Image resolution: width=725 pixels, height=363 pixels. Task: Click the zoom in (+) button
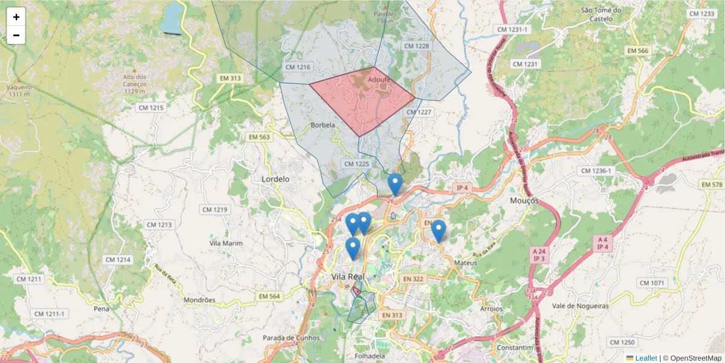pyautogui.click(x=16, y=17)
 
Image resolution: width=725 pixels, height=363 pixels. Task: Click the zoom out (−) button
pyautogui.click(x=16, y=35)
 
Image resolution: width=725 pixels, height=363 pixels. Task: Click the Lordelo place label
pyautogui.click(x=275, y=179)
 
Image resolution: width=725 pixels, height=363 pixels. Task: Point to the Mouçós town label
pyautogui.click(x=524, y=200)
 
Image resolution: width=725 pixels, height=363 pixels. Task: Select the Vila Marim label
pyautogui.click(x=225, y=243)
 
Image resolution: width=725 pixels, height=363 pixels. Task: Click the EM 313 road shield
pyautogui.click(x=230, y=78)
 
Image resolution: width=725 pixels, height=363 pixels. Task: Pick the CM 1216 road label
pyautogui.click(x=297, y=68)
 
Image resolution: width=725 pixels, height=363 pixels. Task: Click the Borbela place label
pyautogui.click(x=323, y=125)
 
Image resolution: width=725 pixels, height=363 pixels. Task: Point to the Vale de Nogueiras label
pyautogui.click(x=580, y=306)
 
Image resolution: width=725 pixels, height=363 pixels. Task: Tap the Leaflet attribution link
pyautogui.click(x=646, y=358)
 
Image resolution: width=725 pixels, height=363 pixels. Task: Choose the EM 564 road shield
pyautogui.click(x=269, y=296)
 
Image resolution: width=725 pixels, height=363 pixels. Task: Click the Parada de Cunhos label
pyautogui.click(x=290, y=338)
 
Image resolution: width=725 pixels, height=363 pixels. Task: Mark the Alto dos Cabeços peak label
pyautogui.click(x=135, y=80)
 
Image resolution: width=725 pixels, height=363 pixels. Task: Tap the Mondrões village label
pyautogui.click(x=199, y=299)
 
